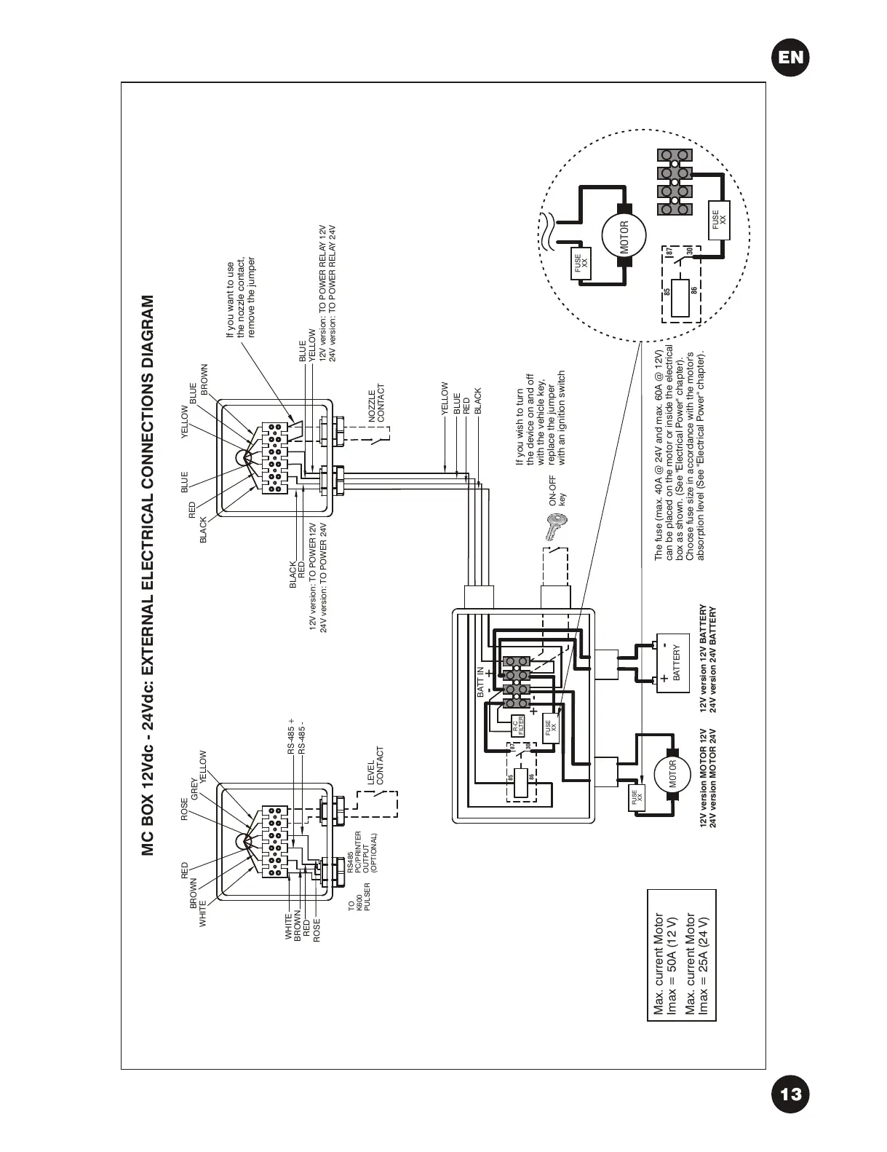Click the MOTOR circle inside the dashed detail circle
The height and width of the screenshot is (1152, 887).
(x=623, y=237)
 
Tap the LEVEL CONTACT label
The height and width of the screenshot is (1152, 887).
(x=375, y=770)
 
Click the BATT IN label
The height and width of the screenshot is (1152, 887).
(x=480, y=682)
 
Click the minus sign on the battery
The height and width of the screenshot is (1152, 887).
(x=666, y=641)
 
